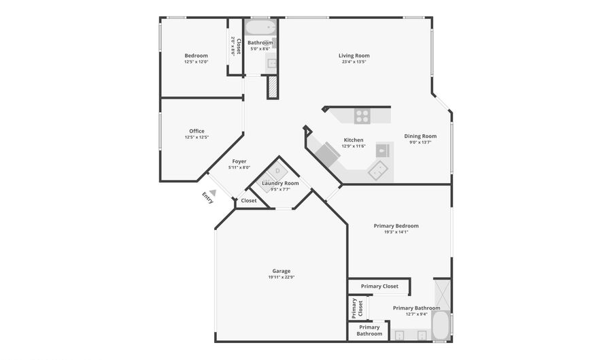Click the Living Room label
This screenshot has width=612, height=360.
354,55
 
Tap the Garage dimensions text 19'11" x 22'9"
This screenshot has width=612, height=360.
282,277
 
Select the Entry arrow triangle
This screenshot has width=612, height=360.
213,192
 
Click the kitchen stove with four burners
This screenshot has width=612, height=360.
362,116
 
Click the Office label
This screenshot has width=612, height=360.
197,131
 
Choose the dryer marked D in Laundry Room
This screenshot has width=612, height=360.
277,171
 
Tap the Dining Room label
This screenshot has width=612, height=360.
420,136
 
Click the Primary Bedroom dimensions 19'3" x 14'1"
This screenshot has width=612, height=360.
396,232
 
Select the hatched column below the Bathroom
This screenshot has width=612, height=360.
272,87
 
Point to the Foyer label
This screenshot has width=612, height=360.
239,161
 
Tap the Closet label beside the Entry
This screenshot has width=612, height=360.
249,200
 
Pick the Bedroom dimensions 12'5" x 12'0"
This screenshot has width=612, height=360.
197,62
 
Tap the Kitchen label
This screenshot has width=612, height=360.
354,140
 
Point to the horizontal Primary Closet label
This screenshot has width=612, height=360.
379,287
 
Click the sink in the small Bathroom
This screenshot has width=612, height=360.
271,63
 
